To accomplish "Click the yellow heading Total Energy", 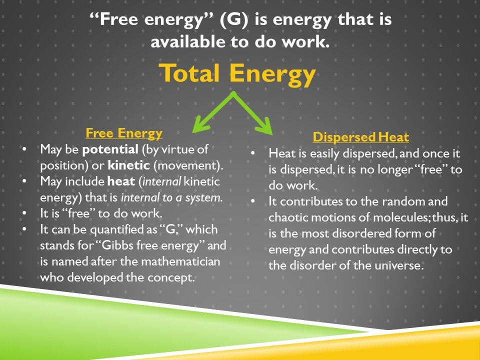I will [237, 74].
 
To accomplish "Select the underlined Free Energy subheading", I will [124, 133].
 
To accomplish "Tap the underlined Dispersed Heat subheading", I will [360, 137].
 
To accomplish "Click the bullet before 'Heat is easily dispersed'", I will [253, 153].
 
